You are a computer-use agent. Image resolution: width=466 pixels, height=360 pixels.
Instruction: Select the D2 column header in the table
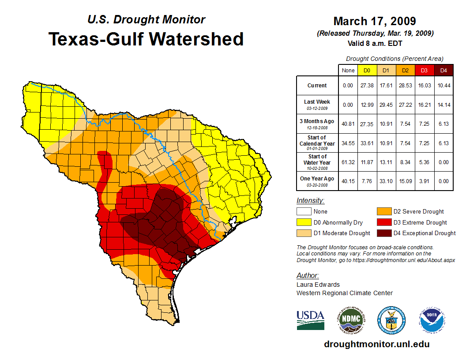click(x=405, y=71)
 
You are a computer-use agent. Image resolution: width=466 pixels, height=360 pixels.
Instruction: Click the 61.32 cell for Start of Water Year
click(x=348, y=162)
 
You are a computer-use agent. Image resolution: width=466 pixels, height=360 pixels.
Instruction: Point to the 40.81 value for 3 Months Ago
click(x=348, y=124)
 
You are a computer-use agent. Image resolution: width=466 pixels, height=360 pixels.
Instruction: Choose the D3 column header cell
click(x=424, y=71)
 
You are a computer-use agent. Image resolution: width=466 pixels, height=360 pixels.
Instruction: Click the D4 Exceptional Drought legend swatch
click(x=383, y=233)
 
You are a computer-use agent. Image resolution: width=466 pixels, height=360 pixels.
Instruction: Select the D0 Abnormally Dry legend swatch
click(x=303, y=222)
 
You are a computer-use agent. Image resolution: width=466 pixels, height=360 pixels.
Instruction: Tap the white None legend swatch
click(x=303, y=212)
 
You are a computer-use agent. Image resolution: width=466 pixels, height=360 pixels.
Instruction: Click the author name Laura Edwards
click(x=318, y=285)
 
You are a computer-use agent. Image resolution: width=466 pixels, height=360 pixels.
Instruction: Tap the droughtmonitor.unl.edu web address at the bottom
click(x=376, y=344)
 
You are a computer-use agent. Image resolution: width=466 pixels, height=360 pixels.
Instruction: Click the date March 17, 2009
click(x=375, y=21)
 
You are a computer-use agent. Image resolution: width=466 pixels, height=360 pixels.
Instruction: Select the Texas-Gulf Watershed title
click(x=146, y=39)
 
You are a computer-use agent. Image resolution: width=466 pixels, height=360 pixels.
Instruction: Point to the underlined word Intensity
click(x=310, y=201)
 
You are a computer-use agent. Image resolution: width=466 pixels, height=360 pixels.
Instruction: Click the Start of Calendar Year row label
click(x=317, y=143)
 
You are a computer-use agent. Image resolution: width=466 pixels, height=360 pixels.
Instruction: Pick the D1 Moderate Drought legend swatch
click(x=303, y=233)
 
